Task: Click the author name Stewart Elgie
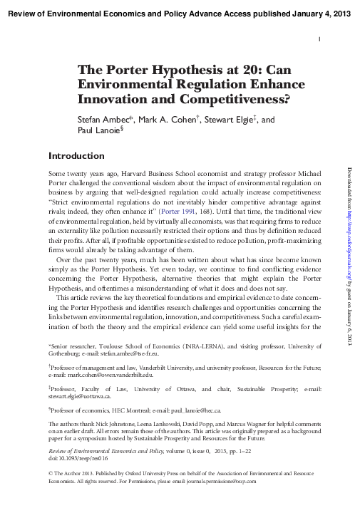pyautogui.click(x=232, y=120)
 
